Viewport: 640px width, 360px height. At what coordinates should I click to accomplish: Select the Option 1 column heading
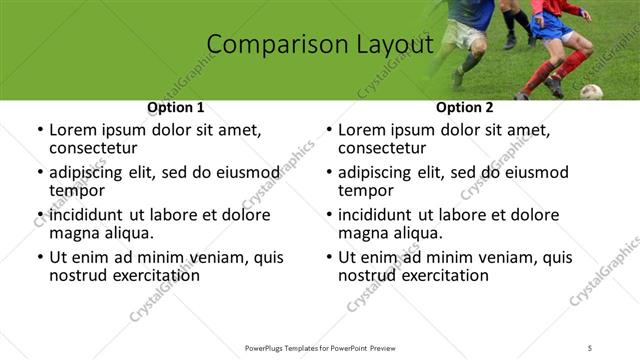[176, 107]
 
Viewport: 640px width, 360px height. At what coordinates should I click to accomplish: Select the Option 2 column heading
[464, 107]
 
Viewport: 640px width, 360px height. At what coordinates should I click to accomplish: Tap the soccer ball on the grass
[591, 92]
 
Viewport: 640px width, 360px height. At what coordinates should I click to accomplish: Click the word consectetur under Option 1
[95, 148]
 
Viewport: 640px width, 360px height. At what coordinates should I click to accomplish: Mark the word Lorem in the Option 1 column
[73, 130]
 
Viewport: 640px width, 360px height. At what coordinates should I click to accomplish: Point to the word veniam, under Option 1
[220, 257]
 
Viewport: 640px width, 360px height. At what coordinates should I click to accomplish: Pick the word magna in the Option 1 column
[73, 233]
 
